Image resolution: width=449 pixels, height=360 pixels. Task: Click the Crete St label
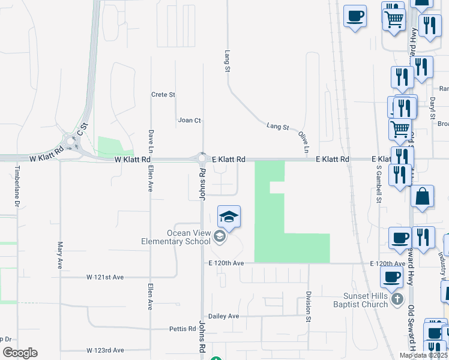(x=163, y=95)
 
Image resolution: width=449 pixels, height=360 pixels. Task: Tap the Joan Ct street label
(x=189, y=121)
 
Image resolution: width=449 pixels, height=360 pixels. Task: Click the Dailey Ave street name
(x=223, y=316)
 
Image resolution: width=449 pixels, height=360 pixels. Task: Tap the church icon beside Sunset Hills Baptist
(x=396, y=299)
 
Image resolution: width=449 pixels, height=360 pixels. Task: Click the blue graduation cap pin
(x=229, y=217)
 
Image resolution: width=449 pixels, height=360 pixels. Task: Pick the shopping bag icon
(x=423, y=197)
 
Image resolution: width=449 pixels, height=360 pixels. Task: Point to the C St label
(x=82, y=128)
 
